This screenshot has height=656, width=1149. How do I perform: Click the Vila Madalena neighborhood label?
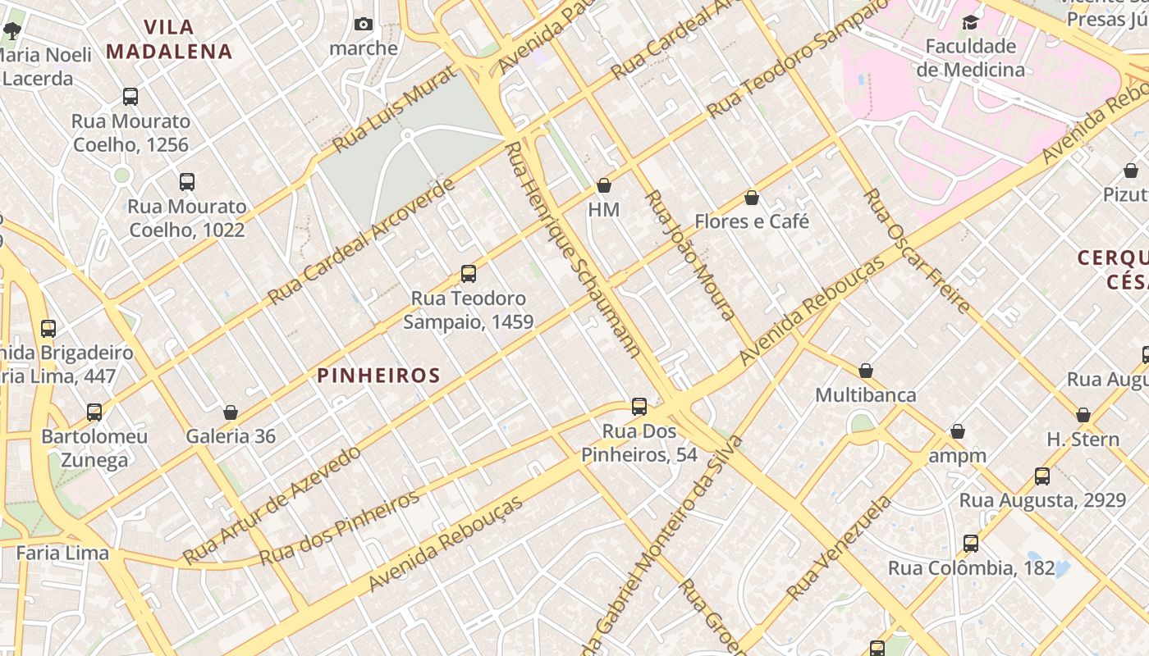coord(169,39)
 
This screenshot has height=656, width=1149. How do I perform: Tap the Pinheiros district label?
coord(378,376)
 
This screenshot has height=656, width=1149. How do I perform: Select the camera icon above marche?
coord(364,25)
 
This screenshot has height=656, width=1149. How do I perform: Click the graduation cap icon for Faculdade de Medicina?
coord(971,22)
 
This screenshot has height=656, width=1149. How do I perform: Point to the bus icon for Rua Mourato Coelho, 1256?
coord(130,97)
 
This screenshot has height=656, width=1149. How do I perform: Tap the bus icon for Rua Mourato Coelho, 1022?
coord(187,182)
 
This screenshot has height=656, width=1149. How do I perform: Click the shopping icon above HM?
coord(604,186)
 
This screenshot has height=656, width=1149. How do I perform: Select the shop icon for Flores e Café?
coord(752,198)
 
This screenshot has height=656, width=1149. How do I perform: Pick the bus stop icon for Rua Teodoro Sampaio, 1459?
coord(469,274)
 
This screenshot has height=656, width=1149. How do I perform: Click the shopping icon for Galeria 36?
coord(231,412)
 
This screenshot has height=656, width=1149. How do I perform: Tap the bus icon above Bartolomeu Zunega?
coord(94,412)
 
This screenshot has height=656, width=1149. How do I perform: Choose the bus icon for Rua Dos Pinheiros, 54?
coord(639,406)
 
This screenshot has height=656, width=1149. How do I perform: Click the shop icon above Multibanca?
coord(866,371)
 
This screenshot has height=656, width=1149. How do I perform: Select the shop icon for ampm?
coord(957,431)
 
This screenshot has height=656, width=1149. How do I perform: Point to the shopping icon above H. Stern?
coord(1083,415)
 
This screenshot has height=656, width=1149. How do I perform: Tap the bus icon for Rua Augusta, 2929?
coord(1042,476)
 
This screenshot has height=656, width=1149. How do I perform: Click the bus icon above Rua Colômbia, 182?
coord(971,543)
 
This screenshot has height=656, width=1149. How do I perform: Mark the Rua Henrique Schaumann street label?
coord(573,250)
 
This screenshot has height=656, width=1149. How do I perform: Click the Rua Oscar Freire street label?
coord(918,250)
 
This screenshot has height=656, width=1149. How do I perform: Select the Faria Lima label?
coord(62,553)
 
